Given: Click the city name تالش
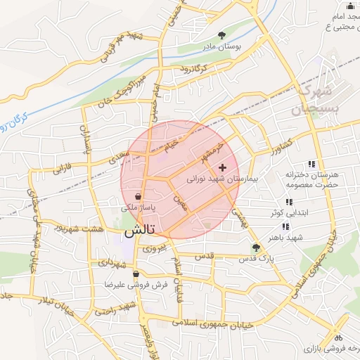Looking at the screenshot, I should tap(139, 231).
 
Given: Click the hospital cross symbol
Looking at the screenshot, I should tap(223, 167).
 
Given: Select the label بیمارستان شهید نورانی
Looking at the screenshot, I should tap(223, 179).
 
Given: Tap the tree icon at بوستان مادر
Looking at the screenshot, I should tap(222, 34).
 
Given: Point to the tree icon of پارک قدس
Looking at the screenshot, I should tap(256, 247).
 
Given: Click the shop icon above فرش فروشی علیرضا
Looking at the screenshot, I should tap(136, 274).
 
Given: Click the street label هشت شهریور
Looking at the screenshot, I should tap(95, 229).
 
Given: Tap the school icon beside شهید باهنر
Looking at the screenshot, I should tap(285, 226).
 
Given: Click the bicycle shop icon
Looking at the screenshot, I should tap(339, 336).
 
